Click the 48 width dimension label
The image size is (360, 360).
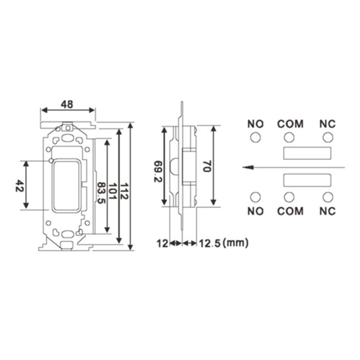coord(67,104)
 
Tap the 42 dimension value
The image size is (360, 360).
coord(19,186)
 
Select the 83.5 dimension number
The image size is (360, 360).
coord(101,193)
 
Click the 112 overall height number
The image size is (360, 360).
coord(124,191)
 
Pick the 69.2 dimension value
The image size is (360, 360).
coord(158,171)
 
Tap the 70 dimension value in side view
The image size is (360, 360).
coord(207,166)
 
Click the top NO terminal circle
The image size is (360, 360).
coord(255,138)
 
